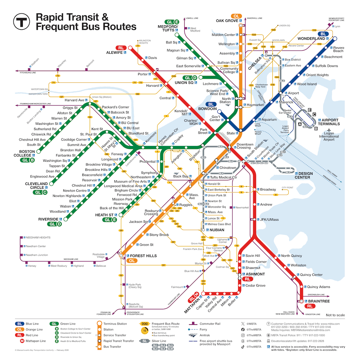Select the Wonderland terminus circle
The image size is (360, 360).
[335, 39]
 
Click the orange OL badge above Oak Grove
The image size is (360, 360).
[236, 16]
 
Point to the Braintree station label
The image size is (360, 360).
[319, 301]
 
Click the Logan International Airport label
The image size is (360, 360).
[329, 136]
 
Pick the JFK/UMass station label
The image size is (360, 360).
[269, 219]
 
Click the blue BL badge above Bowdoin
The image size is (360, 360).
[211, 104]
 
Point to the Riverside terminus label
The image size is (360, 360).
[48, 219]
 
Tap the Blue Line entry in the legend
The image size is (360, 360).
[31, 324]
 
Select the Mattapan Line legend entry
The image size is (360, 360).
[35, 341]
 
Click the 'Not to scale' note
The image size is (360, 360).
[335, 315]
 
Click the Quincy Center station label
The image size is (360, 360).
[311, 275]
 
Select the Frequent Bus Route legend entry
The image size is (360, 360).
[166, 324]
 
